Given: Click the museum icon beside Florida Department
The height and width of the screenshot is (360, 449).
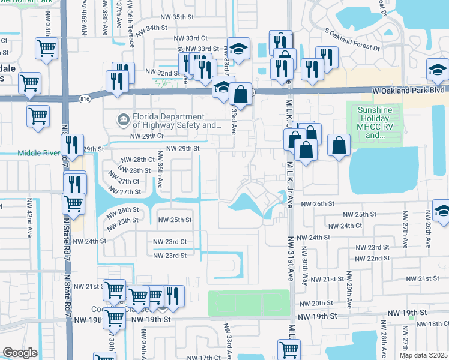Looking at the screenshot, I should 123,118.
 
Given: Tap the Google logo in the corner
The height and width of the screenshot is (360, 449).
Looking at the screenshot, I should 20,353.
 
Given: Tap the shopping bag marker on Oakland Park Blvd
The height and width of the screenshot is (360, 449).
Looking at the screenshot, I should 240,94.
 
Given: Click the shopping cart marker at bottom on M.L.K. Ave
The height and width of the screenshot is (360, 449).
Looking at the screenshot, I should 288,350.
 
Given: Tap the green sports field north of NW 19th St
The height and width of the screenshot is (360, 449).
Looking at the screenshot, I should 249,302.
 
